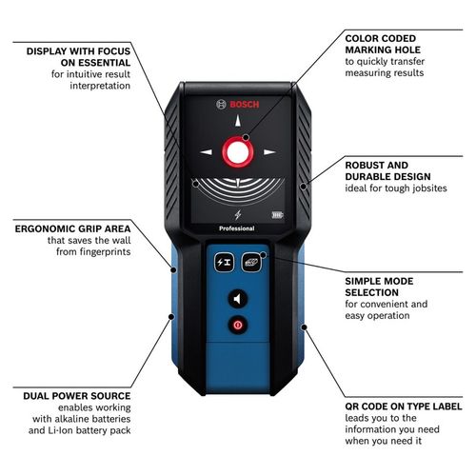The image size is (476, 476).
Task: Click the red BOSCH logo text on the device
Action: tap(245, 105)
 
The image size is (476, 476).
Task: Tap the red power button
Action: tap(238, 325)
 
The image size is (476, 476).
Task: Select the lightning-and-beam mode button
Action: tap(225, 262)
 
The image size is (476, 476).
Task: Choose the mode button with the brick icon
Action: tap(251, 262)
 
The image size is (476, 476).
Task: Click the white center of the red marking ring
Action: tap(238, 152)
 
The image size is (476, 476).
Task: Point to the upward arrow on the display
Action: tap(238, 121)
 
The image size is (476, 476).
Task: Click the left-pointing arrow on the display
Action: tap(206, 152)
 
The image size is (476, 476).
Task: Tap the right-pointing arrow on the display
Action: tap(269, 152)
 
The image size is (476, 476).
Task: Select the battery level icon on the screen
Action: tap(277, 215)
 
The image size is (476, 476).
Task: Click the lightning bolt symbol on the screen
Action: tap(238, 215)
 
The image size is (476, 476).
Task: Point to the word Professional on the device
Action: tap(237, 228)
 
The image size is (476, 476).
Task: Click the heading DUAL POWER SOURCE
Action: tap(77, 396)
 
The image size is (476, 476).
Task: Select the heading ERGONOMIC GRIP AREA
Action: tap(72, 228)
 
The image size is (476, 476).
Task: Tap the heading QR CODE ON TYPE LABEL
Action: tap(404, 407)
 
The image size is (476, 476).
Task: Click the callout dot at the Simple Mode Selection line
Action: tap(264, 255)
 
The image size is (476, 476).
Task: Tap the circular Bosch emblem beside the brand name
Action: tap(221, 105)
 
